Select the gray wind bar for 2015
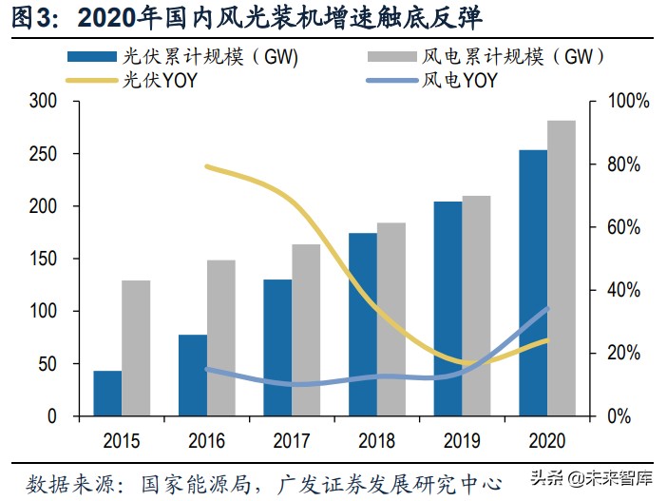pyautogui.click(x=136, y=348)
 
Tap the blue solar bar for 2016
pyautogui.click(x=193, y=376)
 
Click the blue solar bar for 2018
pyautogui.click(x=363, y=324)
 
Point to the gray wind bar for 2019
pyautogui.click(x=476, y=306)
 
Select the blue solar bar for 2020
pyautogui.click(x=533, y=283)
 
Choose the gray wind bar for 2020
pyautogui.click(x=562, y=268)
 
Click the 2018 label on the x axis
pyautogui.click(x=377, y=440)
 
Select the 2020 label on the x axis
pyautogui.click(x=547, y=440)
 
